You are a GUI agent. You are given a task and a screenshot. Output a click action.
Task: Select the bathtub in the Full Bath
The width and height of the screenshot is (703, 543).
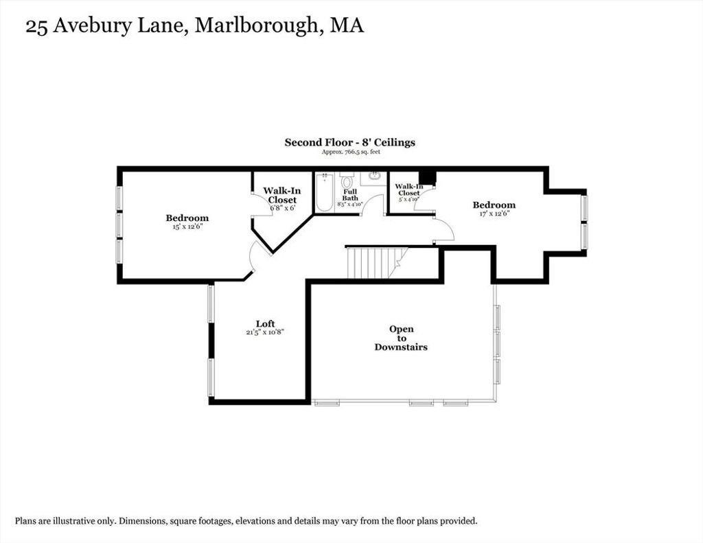(x=323, y=192)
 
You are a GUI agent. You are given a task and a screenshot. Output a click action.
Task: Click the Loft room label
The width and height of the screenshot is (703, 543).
(x=266, y=324)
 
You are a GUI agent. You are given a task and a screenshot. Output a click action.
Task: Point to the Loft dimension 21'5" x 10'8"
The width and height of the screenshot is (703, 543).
(x=266, y=332)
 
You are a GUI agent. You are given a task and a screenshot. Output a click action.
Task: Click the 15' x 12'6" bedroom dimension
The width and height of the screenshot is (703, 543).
(x=187, y=227)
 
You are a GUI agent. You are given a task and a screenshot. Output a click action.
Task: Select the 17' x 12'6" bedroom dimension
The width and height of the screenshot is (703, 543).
(x=494, y=213)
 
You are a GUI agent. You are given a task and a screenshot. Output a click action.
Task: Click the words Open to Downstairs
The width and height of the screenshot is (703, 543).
(x=401, y=338)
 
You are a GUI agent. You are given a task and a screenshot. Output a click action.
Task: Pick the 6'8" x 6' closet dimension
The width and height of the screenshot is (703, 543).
(x=282, y=208)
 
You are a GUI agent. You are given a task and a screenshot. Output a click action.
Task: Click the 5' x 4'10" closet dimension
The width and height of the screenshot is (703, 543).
(x=409, y=199)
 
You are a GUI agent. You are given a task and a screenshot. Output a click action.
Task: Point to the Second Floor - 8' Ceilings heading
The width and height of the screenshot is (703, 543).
(x=350, y=143)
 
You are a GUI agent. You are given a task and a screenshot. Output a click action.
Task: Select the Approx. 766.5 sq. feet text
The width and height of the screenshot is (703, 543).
(x=351, y=152)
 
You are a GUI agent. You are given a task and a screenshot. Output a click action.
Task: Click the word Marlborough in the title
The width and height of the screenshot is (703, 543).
(x=256, y=25)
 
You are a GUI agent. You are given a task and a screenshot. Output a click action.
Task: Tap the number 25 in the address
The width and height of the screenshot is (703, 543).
(x=36, y=27)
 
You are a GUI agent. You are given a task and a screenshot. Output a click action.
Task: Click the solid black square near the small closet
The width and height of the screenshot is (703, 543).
(x=427, y=177)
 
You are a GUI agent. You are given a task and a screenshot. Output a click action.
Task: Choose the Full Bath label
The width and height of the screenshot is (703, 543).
(x=350, y=194)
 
